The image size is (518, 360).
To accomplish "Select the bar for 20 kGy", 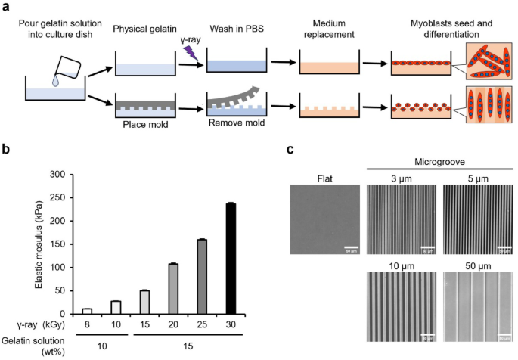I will (172, 288).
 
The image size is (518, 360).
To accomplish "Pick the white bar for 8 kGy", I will (87, 310).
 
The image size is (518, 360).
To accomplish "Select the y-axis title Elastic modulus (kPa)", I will (37, 244).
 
